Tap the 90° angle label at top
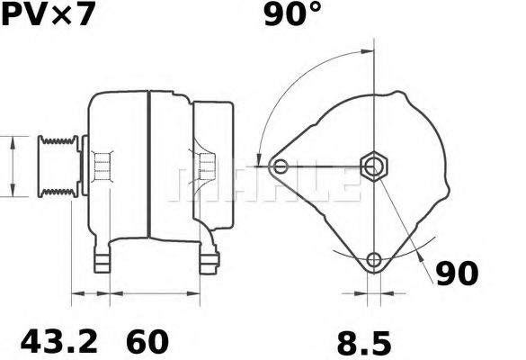point(292,15)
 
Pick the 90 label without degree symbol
point(458,274)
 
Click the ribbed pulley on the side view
point(57,166)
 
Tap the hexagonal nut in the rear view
point(372,166)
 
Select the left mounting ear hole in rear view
point(281,166)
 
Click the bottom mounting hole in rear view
point(373,261)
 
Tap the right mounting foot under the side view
point(209,260)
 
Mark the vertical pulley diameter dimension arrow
point(12,166)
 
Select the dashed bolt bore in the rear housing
point(206,166)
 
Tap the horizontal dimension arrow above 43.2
point(90,293)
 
